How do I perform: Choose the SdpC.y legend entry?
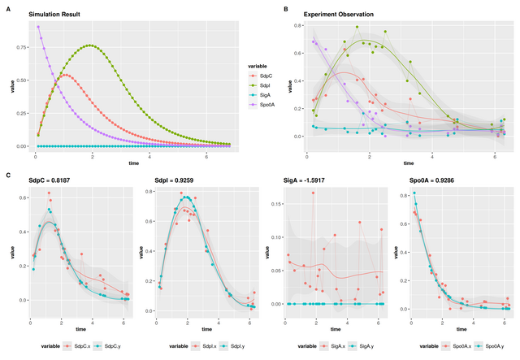(110, 346)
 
